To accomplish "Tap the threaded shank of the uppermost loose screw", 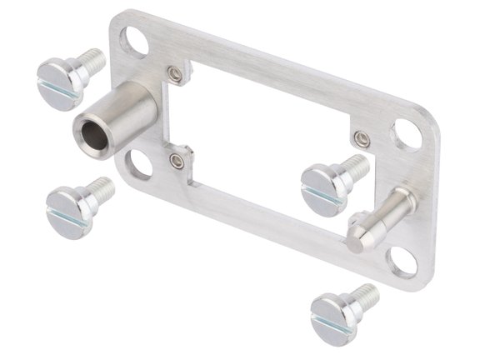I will point(92,61).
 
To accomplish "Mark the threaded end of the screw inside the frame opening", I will point(356,165).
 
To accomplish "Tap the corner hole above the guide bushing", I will point(133,39).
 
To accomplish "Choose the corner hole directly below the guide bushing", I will point(139,164).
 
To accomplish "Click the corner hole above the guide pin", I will point(406,133).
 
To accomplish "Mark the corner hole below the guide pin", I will point(403,262).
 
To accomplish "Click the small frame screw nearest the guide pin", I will point(362,138).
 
